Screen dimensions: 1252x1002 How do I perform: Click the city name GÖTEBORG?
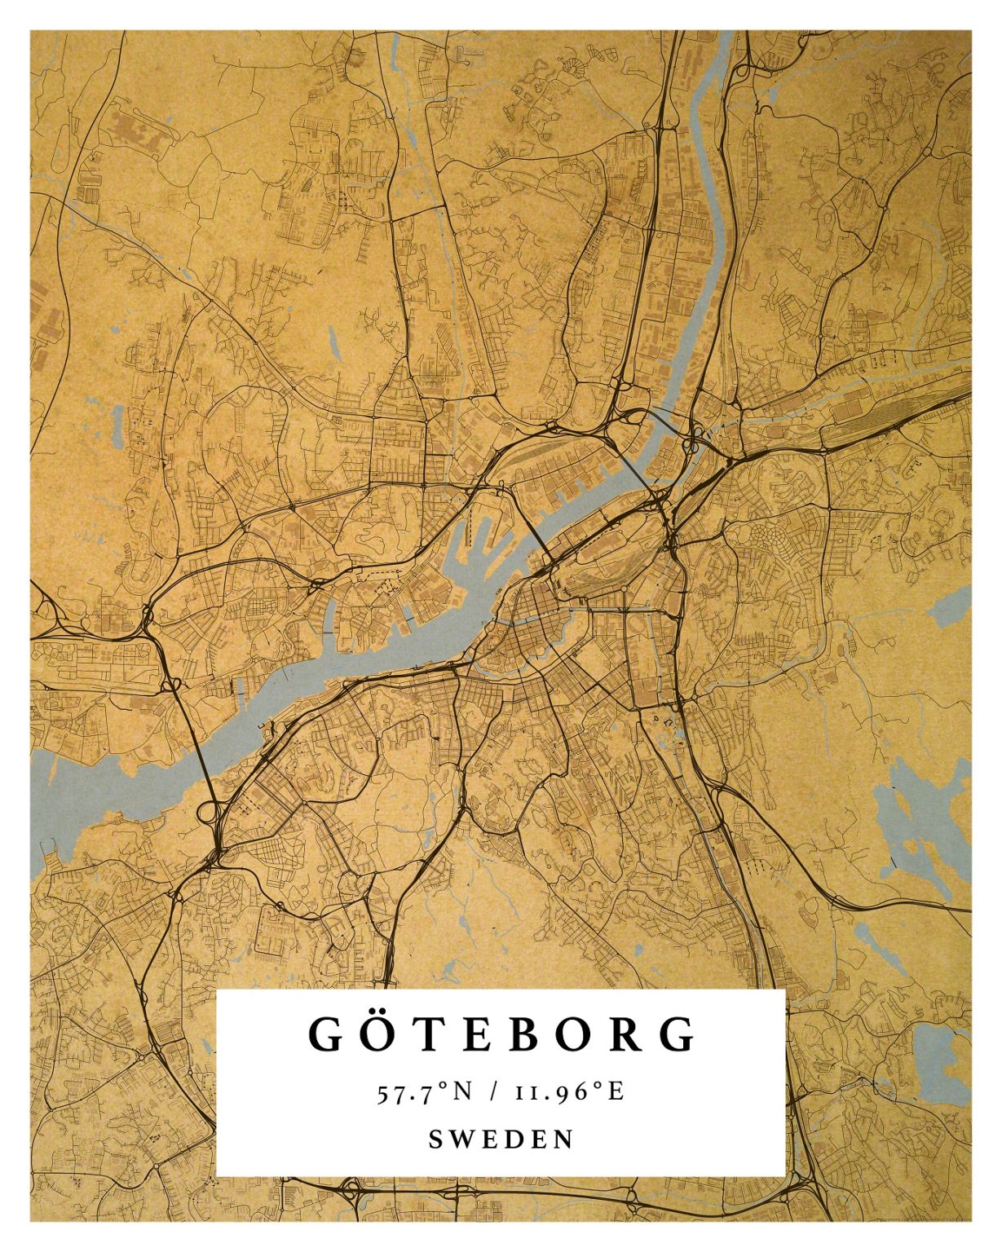(x=502, y=1034)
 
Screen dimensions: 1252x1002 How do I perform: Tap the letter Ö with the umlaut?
(x=374, y=1034)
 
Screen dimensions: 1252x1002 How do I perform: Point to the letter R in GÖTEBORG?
(x=629, y=1034)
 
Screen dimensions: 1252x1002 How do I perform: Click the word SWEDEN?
(x=501, y=1139)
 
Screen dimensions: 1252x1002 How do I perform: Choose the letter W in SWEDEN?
(x=464, y=1139)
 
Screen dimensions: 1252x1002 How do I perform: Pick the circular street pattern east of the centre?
(x=762, y=538)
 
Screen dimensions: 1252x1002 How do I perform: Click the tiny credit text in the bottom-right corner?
(x=921, y=1219)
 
